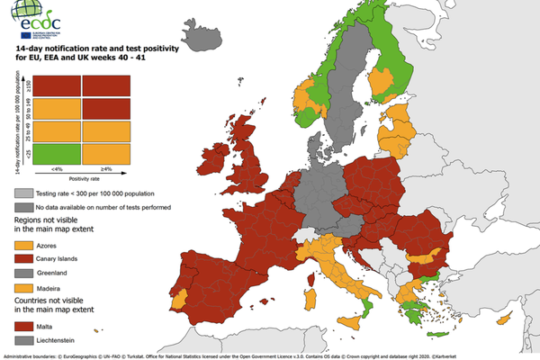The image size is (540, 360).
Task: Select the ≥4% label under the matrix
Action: [105, 169]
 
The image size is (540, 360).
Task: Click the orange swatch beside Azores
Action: [23, 243]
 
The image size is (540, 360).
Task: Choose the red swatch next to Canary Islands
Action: [23, 258]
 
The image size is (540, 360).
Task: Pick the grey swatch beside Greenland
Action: [23, 274]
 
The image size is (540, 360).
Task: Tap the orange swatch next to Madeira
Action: [23, 289]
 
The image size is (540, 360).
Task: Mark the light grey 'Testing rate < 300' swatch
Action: [23, 193]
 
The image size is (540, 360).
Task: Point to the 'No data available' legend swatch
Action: [23, 209]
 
